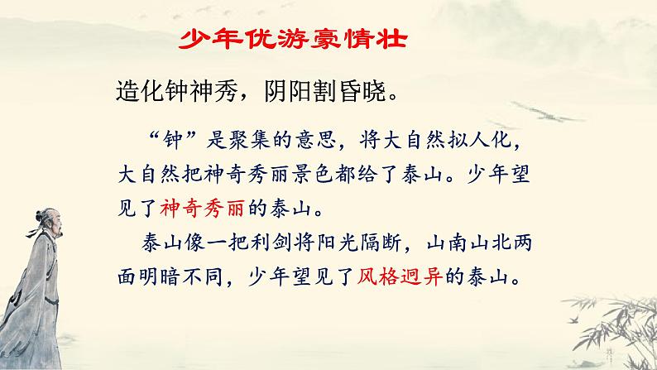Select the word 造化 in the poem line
[133, 89]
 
